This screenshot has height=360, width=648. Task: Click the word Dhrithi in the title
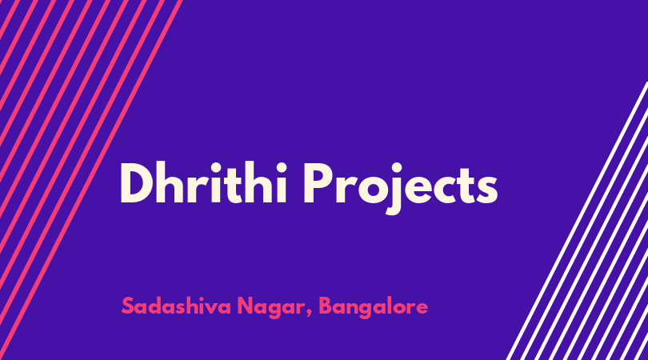(x=203, y=183)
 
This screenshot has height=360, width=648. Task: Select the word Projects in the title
(x=401, y=188)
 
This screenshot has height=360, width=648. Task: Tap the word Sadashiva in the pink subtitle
(x=176, y=306)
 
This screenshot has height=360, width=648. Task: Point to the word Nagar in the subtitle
(x=270, y=307)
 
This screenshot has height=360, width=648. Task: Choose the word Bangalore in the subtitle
(x=374, y=307)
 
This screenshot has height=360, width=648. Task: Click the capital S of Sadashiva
(x=128, y=306)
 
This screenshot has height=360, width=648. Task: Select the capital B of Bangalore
(x=326, y=306)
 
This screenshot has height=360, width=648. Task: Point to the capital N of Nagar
(x=245, y=306)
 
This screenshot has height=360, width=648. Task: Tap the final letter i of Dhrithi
(x=280, y=183)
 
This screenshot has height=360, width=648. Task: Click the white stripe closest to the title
(x=577, y=221)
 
